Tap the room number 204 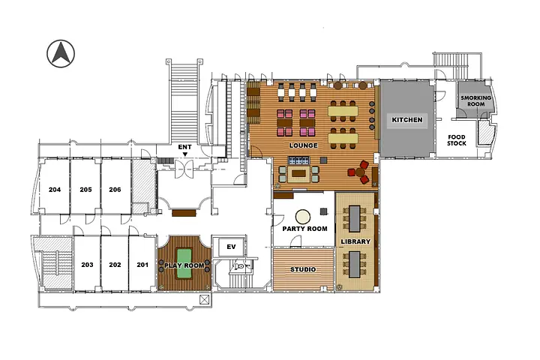(54, 190)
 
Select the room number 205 (85, 190)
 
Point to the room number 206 (115, 190)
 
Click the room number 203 (87, 265)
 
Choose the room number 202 (115, 265)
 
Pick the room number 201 (142, 265)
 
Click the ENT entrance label (185, 147)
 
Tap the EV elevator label (231, 247)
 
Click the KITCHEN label (407, 120)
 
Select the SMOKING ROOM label (475, 101)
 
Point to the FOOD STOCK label (457, 140)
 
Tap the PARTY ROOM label (304, 229)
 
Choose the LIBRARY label (355, 241)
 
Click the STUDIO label (302, 269)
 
